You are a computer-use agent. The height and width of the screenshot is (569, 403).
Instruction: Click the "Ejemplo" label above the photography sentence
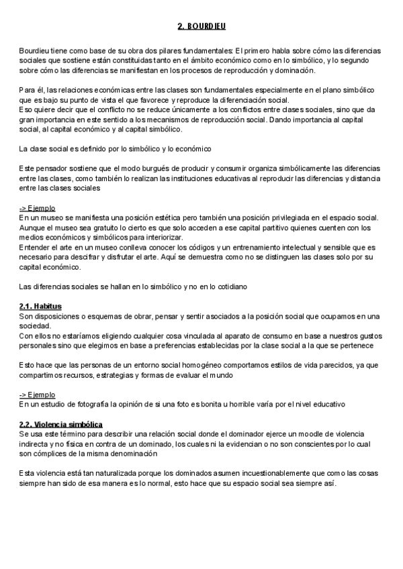point(41,395)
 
